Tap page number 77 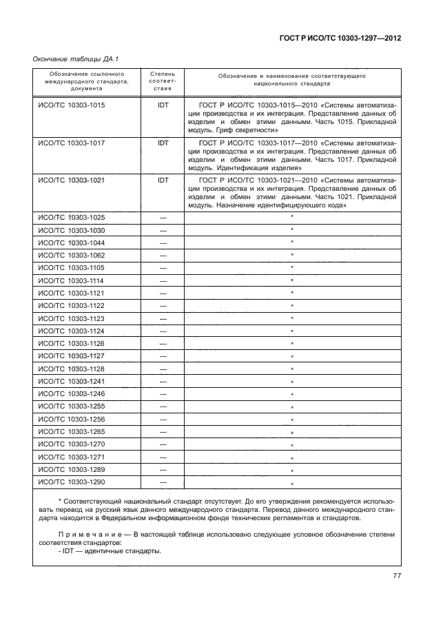click(x=396, y=576)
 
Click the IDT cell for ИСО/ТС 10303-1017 click(x=163, y=143)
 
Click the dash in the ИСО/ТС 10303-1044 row click(x=163, y=243)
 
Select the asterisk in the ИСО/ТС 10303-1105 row click(x=292, y=268)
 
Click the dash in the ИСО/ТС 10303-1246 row click(x=163, y=394)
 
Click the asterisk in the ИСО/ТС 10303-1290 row click(x=292, y=483)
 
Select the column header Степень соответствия click(x=163, y=81)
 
